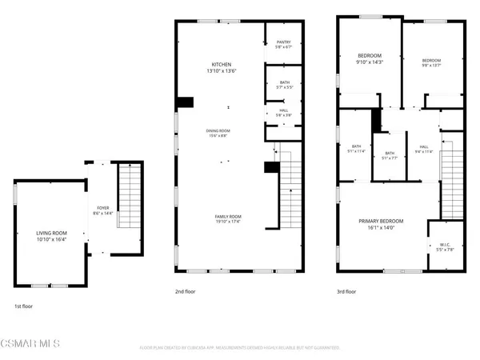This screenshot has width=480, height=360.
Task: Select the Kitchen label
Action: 221,64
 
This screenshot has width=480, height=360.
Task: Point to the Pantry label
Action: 282,42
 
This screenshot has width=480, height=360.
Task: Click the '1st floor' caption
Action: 24,306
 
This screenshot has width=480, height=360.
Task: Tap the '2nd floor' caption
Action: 186,292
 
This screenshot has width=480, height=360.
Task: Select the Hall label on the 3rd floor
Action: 423,146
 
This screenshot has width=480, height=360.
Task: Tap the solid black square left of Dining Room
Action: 186,102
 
